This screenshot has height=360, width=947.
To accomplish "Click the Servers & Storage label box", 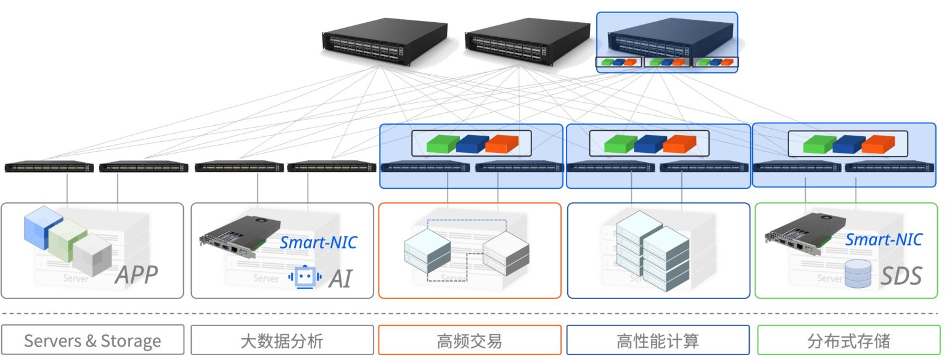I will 92,340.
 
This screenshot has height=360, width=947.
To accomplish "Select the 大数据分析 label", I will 282,340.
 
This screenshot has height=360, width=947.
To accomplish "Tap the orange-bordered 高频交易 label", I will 469,340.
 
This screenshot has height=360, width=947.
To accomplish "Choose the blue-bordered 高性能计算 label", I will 658,340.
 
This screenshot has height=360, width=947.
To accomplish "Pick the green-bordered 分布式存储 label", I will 848,340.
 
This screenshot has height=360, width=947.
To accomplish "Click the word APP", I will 136,276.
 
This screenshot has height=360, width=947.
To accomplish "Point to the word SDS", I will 901,276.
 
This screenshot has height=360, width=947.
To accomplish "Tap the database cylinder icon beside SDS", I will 858,274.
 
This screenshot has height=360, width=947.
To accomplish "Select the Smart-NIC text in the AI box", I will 318,242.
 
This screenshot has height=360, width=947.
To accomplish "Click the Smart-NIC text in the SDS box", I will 883,239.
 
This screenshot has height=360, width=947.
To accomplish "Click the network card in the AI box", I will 240,237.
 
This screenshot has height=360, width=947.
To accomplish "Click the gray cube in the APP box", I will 92,256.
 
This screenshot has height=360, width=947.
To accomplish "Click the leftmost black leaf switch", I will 49,167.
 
